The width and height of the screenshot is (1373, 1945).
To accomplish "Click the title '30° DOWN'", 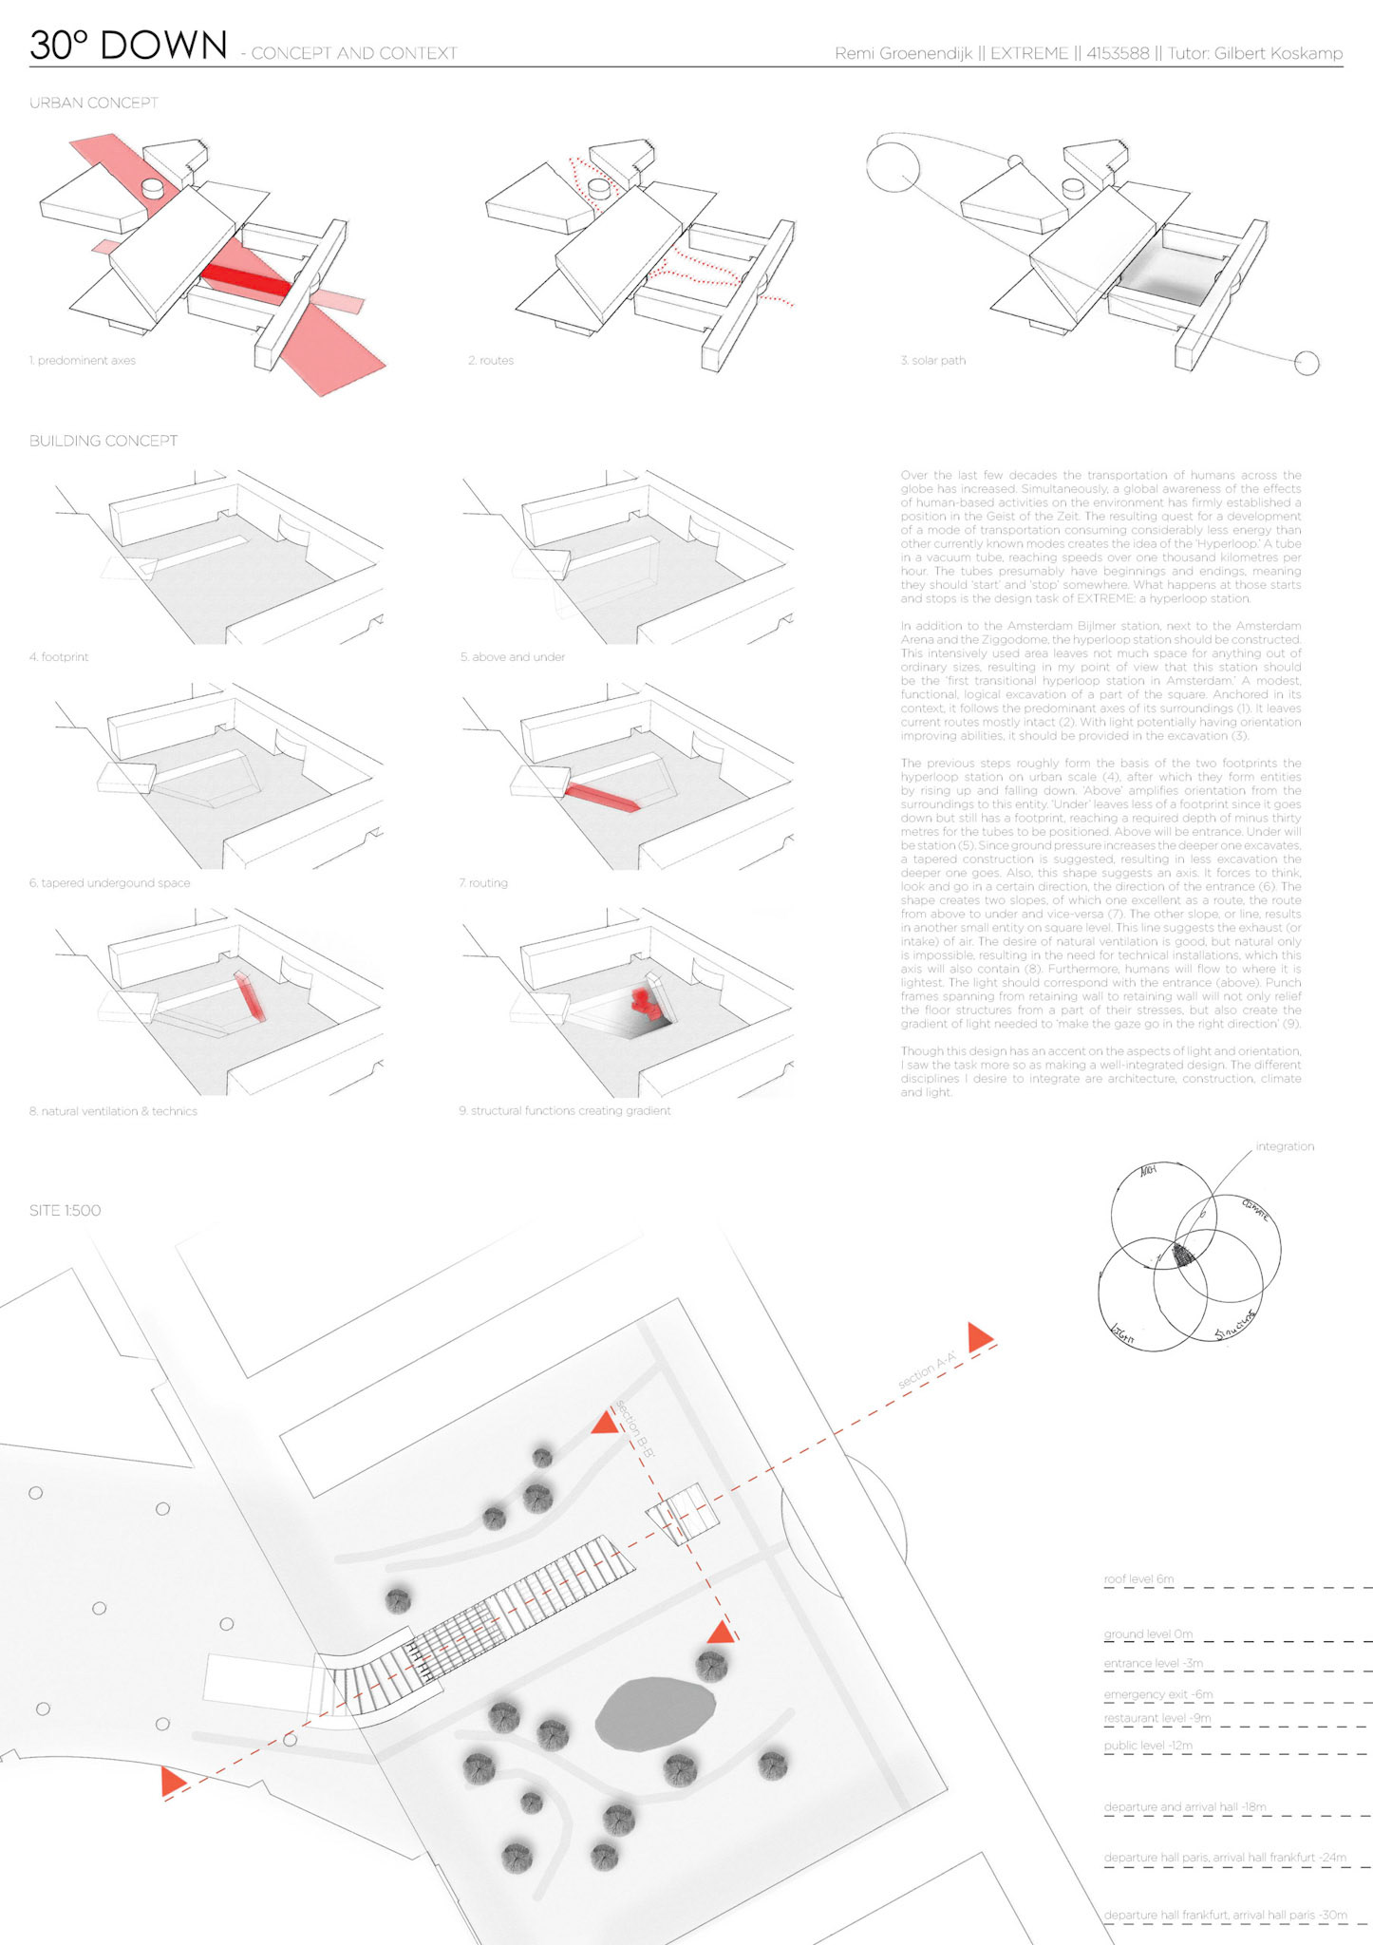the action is [x=128, y=46].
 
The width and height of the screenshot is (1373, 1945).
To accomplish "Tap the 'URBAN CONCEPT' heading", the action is [x=93, y=103].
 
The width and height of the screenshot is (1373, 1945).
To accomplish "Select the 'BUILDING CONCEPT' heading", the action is [x=103, y=441].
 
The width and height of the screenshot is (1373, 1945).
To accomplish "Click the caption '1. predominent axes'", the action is [x=83, y=361].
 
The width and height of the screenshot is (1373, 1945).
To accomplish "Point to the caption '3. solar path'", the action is [x=933, y=361].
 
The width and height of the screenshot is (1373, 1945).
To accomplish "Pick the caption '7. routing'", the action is [x=483, y=883].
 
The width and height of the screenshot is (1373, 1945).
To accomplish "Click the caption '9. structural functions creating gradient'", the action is [x=565, y=1111].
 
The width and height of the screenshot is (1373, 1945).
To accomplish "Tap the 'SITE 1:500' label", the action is [x=65, y=1211].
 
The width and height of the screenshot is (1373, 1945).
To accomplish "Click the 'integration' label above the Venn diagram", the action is [x=1285, y=1147].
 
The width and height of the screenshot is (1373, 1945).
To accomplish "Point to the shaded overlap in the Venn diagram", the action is [x=1183, y=1254].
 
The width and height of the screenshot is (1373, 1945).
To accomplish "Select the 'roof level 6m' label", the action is [x=1138, y=1579].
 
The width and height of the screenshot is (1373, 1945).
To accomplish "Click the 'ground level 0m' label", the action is [x=1148, y=1634].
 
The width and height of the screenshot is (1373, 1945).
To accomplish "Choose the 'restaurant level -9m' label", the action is [x=1157, y=1718].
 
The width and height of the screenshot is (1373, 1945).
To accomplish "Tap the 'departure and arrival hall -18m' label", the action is [x=1185, y=1807].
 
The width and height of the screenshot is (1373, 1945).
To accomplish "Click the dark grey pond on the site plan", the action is [x=655, y=1714].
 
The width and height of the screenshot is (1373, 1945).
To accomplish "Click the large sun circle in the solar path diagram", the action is [x=893, y=163].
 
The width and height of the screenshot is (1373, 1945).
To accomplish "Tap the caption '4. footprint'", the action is [x=59, y=657].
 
